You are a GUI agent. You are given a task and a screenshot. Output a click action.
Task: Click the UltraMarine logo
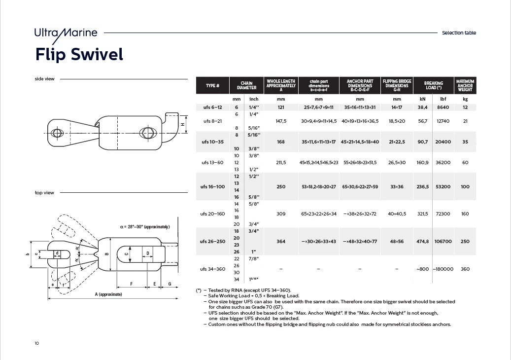[66, 33]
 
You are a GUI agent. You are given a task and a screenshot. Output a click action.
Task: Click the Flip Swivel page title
[79, 54]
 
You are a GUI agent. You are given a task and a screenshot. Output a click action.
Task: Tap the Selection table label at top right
[459, 33]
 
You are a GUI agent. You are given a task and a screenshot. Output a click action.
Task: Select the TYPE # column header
[212, 86]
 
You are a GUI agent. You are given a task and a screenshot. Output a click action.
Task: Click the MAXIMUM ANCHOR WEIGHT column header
[465, 86]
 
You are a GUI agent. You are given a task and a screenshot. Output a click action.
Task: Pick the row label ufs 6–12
[212, 107]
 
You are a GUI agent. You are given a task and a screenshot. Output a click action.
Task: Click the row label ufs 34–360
[212, 269]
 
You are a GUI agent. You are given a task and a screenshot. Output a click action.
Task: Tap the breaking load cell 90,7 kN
[423, 142]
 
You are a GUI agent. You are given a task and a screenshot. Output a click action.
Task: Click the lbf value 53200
[443, 187]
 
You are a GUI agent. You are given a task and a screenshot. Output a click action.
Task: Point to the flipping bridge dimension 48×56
[397, 241]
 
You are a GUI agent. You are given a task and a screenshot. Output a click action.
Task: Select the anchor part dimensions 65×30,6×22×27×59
[360, 187]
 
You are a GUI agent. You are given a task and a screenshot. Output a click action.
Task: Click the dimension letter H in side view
[182, 125]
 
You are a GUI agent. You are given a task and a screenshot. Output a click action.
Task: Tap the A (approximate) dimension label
[108, 294]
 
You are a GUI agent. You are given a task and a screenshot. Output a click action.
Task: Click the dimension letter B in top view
[106, 254]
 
